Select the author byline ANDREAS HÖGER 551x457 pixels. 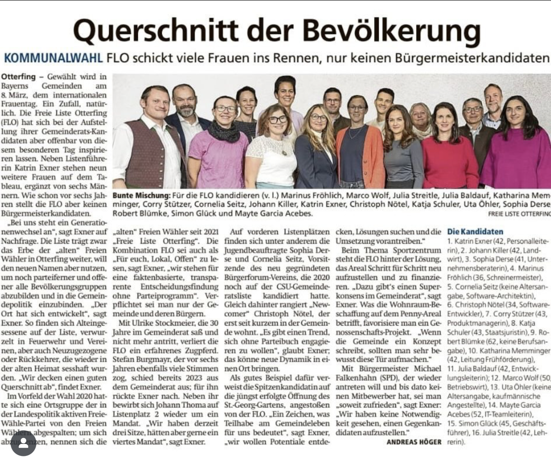point(414,442)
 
